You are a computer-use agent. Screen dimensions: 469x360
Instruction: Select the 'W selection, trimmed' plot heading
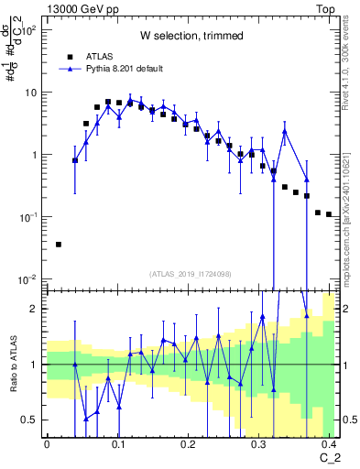pyautogui.click(x=191, y=37)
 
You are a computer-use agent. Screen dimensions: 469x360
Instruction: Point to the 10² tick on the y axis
pyautogui.click(x=29, y=30)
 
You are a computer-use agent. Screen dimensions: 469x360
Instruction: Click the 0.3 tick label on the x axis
pyautogui.click(x=260, y=443)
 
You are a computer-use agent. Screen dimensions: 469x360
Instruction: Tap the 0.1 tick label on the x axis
pyautogui.click(x=118, y=443)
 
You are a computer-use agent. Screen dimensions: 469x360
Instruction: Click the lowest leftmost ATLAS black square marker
pyautogui.click(x=59, y=245)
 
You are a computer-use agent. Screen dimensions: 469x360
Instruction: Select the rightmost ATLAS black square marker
pyautogui.click(x=329, y=214)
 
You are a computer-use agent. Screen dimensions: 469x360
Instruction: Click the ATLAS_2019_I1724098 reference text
pyautogui.click(x=191, y=274)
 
